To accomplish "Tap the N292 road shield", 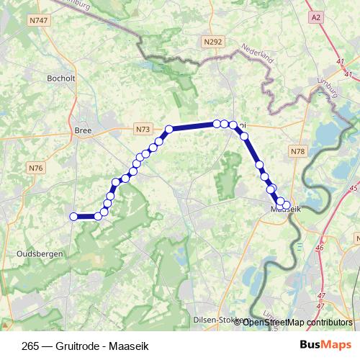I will point(213,42).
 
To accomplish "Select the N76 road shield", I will point(36,168).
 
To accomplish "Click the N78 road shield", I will point(298,151).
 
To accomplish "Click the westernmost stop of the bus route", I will point(73,216).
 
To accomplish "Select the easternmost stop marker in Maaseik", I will point(287,205).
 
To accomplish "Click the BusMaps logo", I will point(326,346).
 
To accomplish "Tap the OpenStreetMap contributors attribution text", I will point(297,322).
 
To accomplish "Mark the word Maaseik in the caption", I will point(128,346).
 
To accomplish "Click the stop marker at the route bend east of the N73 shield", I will point(169,130).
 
